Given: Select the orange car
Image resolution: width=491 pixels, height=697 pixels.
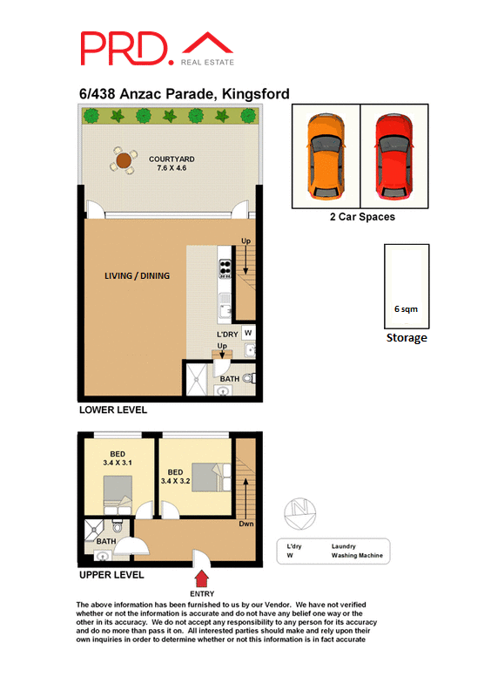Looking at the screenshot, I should pos(325,155).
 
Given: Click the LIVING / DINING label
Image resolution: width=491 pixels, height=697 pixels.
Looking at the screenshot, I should pos(137,276).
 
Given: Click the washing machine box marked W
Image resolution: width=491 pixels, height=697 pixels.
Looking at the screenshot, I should pos(248,333).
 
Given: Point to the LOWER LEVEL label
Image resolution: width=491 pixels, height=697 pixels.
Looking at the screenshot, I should pos(112,409).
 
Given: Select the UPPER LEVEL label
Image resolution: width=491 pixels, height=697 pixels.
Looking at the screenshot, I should pos(111,575).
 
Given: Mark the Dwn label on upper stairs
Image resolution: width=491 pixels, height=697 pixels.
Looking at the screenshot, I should pos(246,524).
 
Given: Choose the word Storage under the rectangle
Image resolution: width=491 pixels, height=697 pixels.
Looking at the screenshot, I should pos(407,338).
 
